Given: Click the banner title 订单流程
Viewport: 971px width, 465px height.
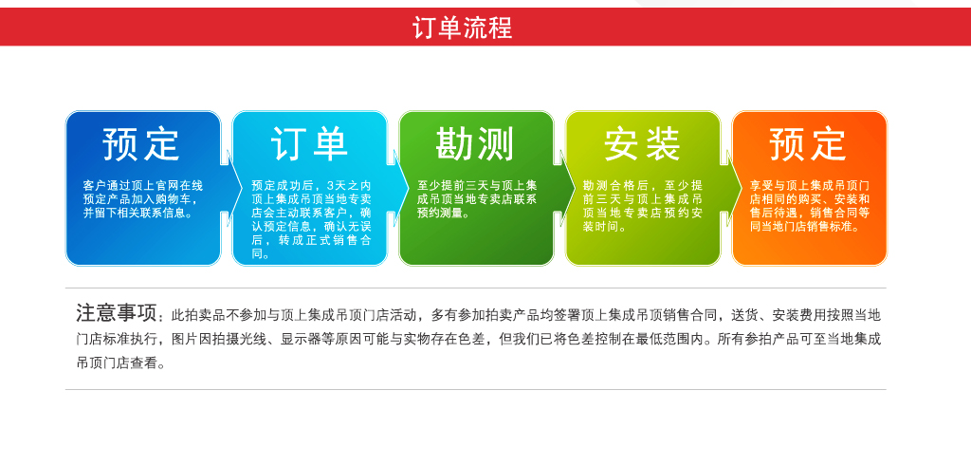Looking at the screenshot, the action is click(x=463, y=28).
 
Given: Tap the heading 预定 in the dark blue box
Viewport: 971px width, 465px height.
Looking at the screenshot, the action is click(x=142, y=144).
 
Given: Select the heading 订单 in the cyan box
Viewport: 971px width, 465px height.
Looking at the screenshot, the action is click(x=309, y=144).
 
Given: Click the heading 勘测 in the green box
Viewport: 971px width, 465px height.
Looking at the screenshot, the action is click(x=475, y=144).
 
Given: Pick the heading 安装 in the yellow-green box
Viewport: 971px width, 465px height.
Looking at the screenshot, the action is click(x=642, y=144).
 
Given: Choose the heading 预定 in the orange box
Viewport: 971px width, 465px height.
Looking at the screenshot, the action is click(x=808, y=144).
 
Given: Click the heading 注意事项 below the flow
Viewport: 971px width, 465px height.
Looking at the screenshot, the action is click(x=117, y=313).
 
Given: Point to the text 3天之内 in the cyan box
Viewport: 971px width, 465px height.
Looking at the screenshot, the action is click(x=349, y=186).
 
